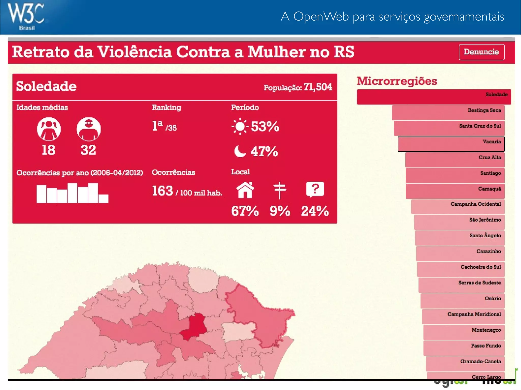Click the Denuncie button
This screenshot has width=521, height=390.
(x=481, y=52)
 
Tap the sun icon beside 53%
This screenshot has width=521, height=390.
(x=240, y=126)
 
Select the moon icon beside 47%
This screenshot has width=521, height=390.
(x=240, y=151)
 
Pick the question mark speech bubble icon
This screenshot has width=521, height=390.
(x=315, y=189)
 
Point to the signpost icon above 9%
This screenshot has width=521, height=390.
(x=280, y=190)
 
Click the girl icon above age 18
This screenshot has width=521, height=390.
(x=49, y=129)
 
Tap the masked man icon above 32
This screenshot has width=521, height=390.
(x=89, y=129)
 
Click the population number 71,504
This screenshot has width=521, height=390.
(x=318, y=87)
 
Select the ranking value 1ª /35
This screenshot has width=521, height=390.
(x=164, y=126)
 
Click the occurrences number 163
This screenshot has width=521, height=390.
(x=162, y=191)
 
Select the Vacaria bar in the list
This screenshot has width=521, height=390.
(x=451, y=144)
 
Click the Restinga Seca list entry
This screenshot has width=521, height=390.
(x=448, y=113)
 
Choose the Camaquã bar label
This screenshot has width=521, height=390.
(x=489, y=189)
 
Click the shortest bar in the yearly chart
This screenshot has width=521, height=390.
(x=103, y=198)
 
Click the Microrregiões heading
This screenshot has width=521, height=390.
(x=397, y=81)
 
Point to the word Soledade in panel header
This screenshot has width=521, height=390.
(x=46, y=86)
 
